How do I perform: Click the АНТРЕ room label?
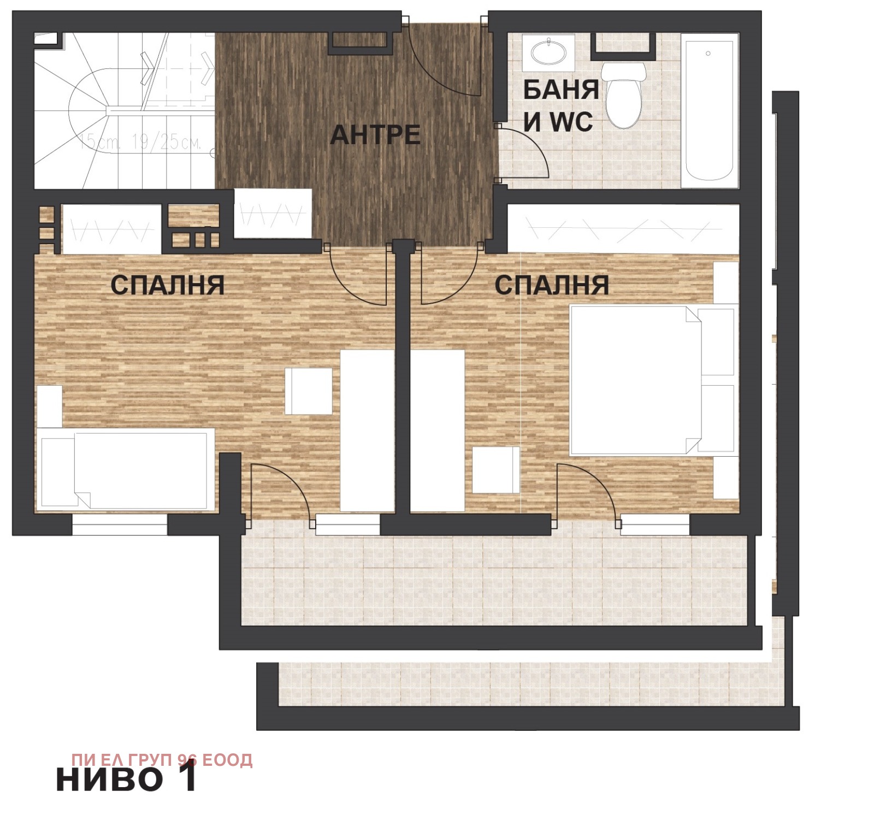pos(375,135)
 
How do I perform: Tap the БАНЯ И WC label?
pos(560,106)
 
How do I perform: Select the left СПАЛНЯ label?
pos(167,285)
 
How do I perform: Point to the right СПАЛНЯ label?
pos(552,285)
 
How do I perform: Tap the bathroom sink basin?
pos(548,52)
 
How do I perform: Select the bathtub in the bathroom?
pos(709,109)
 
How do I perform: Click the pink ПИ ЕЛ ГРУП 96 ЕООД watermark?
pos(162,760)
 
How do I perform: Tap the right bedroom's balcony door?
pos(586,492)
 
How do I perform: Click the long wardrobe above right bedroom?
pos(623,228)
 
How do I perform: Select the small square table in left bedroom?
pos(309,391)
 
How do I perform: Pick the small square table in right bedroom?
pos(496,470)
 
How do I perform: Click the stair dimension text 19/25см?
pos(166,143)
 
